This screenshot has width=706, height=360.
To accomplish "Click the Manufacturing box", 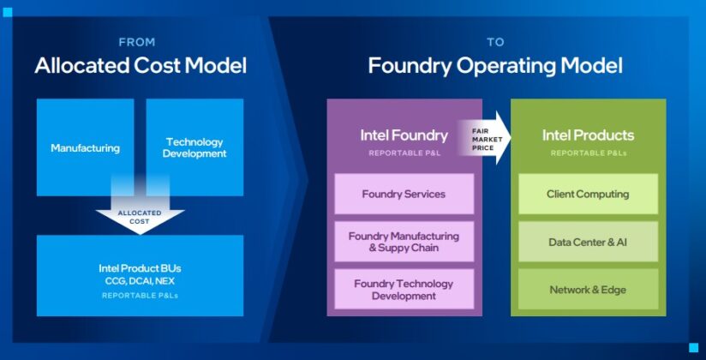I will point(85,147).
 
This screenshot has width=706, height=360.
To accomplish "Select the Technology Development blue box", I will point(194,147).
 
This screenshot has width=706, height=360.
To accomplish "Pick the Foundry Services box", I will point(404,194).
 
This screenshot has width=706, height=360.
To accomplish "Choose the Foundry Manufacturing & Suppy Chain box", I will point(404,242).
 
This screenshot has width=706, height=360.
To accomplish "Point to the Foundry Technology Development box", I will point(404,290).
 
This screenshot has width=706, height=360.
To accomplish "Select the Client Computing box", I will point(588,194).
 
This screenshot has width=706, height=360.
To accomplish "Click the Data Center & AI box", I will point(588,242).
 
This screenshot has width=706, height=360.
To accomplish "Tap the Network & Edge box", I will point(588,290).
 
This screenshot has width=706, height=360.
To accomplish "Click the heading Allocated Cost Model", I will point(141,65).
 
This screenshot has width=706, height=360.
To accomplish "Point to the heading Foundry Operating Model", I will point(495,65).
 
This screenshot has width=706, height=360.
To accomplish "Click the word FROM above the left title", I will point(138,40).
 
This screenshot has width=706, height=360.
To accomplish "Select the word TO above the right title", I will point(494,40).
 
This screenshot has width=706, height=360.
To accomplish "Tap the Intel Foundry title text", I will point(404,135).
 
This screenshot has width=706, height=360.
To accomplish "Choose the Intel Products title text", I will point(588,135).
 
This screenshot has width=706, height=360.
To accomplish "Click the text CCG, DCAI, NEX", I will point(140,280).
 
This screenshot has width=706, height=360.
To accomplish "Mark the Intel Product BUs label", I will point(140,267).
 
